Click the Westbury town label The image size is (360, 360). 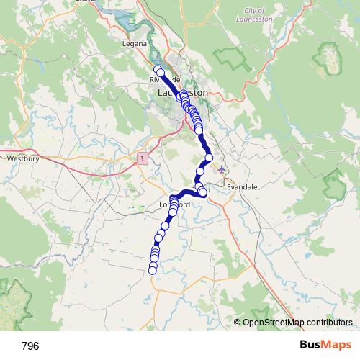[x=21, y=157]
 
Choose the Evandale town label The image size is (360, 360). [x=241, y=186]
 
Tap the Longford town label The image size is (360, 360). [x=173, y=204]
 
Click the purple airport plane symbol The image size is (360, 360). [x=221, y=170]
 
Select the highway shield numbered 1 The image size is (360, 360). [x=144, y=157]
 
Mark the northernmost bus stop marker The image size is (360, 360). [x=158, y=69]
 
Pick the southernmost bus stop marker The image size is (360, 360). [x=152, y=270]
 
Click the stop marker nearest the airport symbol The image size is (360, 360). [x=210, y=158]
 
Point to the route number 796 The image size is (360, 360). [x=31, y=346]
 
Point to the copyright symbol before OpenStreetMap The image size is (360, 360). [x=238, y=323]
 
